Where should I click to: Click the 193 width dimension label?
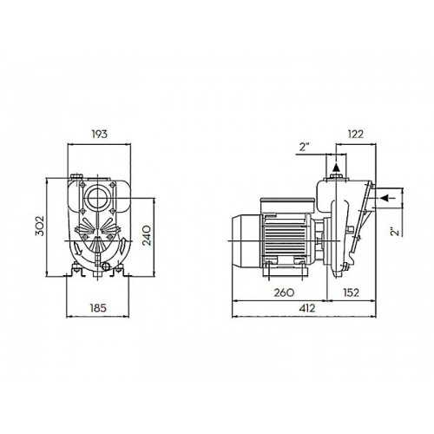coord(99,134)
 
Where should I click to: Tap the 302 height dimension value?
coord(40,226)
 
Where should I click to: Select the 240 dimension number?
coord(147,235)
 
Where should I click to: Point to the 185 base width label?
coord(98,308)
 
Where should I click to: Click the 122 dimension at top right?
coord(355,134)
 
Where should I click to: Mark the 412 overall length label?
coord(306,308)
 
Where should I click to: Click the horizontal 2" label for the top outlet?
coord(304,147)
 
